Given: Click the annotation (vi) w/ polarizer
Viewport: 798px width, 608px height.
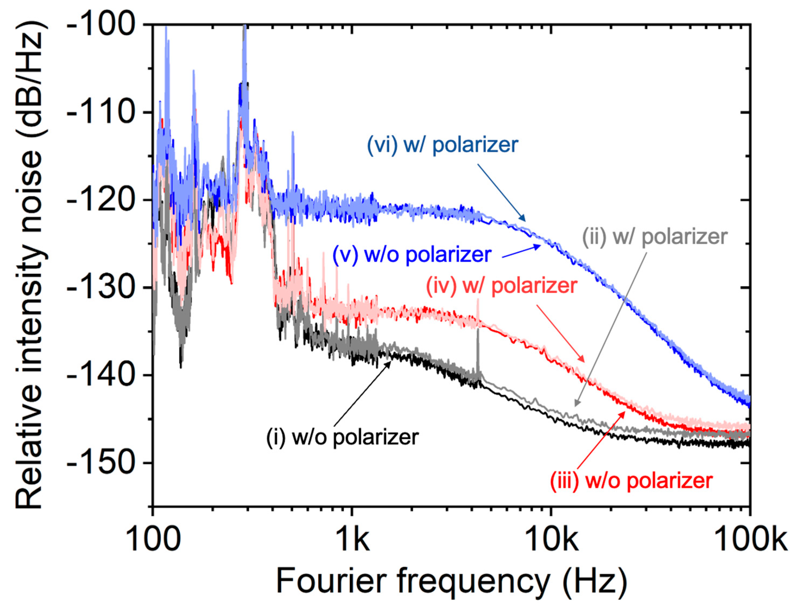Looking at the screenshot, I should [443, 145].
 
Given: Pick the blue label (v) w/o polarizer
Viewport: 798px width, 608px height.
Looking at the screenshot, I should [412, 254].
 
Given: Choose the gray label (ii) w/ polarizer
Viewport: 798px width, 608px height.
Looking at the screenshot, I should [655, 237].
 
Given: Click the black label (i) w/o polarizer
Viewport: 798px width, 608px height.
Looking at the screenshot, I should [342, 437].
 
